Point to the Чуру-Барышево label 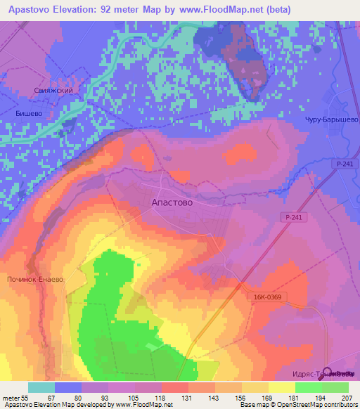(x=331, y=119)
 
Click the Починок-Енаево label (x=34, y=279)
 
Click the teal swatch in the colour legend (x=41, y=387)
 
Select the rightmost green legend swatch (x=335, y=387)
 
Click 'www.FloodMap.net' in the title (x=223, y=9)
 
